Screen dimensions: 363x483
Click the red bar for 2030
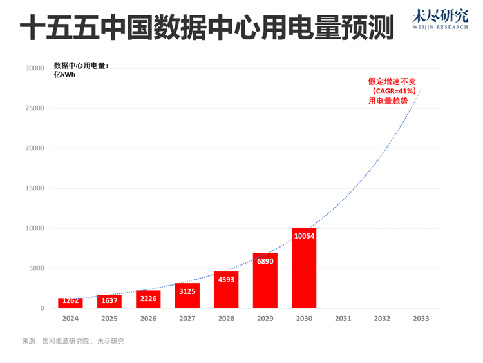coord(303,268)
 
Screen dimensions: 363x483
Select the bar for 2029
coord(265,281)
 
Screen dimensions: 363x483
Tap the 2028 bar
coord(225,290)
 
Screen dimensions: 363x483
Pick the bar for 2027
coord(187,296)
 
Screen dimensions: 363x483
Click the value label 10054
coord(303,236)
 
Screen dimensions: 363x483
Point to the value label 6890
coord(265,261)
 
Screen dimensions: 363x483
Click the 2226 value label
coord(147,299)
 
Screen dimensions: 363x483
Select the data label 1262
coord(70,300)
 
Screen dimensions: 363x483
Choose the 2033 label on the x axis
coord(420,319)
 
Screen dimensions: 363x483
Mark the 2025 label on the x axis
coord(109,319)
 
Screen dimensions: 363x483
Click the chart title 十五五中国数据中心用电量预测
coord(206,30)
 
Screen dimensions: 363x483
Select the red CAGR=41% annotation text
coord(392,92)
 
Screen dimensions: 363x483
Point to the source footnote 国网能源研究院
coord(65,341)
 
